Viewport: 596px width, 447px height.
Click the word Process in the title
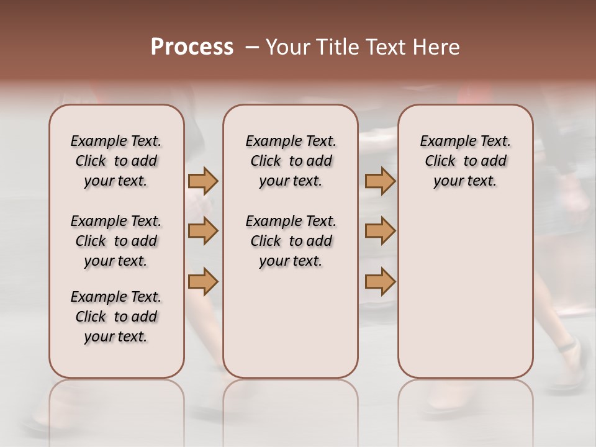click(192, 47)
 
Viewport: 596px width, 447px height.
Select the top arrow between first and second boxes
click(202, 181)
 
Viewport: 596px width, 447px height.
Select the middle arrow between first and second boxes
click(202, 231)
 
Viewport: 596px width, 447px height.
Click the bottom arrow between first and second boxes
click(202, 282)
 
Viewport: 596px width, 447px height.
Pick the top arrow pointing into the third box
click(380, 181)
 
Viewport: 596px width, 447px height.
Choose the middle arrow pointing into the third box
click(380, 231)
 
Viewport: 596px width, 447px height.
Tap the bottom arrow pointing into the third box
click(380, 282)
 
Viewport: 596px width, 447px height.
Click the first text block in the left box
click(116, 161)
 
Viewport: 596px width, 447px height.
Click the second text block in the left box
click(116, 241)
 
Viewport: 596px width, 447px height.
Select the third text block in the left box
click(116, 317)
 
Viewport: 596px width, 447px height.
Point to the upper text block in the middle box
click(291, 161)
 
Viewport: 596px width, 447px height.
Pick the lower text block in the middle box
click(291, 241)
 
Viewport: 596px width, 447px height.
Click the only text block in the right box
click(465, 161)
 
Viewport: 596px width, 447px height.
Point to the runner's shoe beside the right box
click(574, 360)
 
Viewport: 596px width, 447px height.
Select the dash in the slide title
click(251, 48)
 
